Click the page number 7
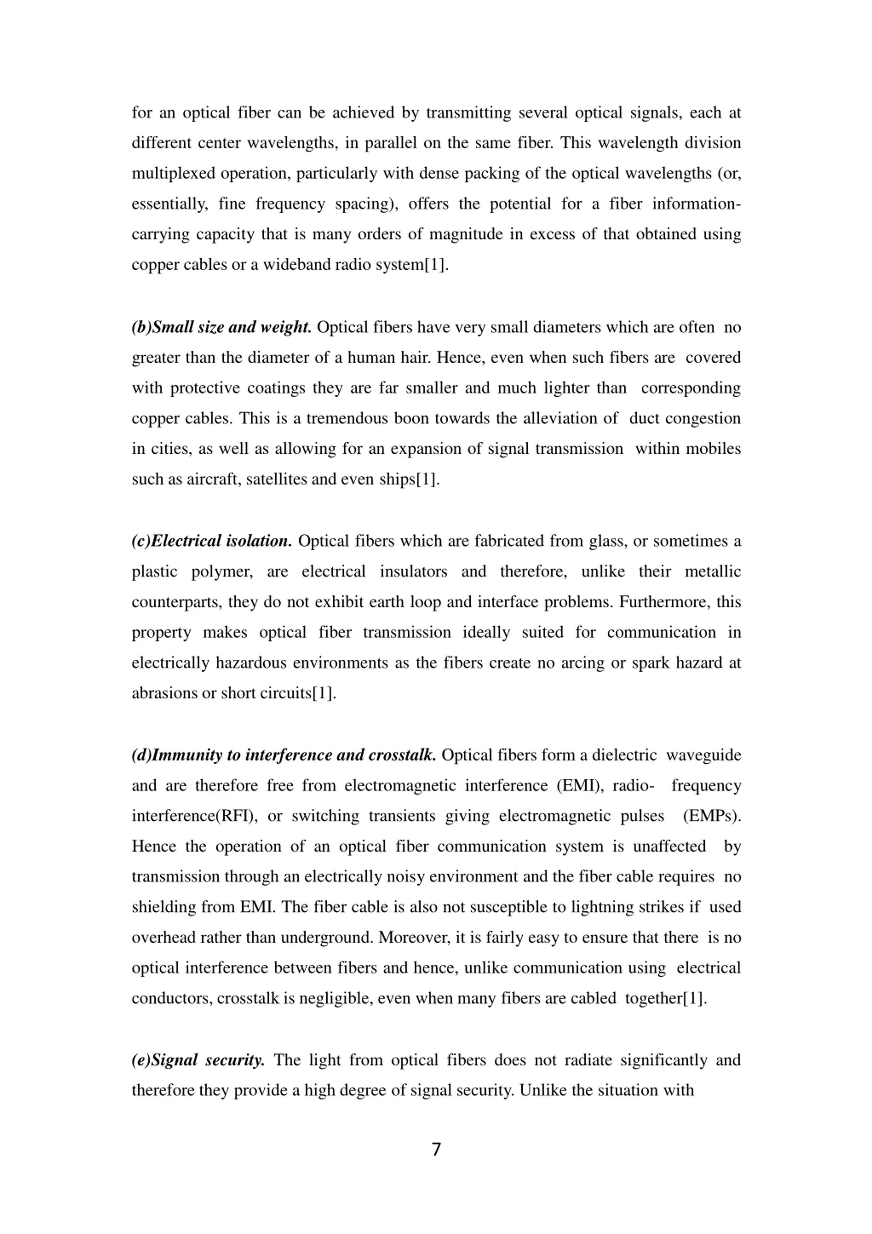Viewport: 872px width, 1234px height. (436, 1150)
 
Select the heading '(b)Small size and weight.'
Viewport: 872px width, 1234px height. (221, 327)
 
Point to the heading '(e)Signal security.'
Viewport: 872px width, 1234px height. (198, 1060)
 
